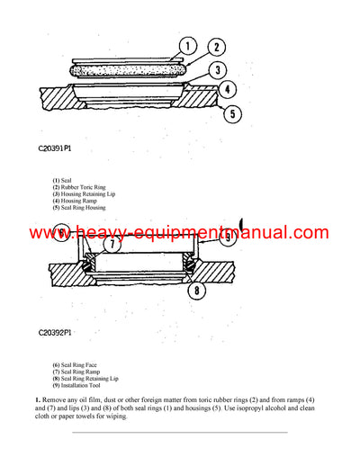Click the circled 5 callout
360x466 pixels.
(x=232, y=113)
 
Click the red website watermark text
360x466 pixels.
(x=180, y=233)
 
